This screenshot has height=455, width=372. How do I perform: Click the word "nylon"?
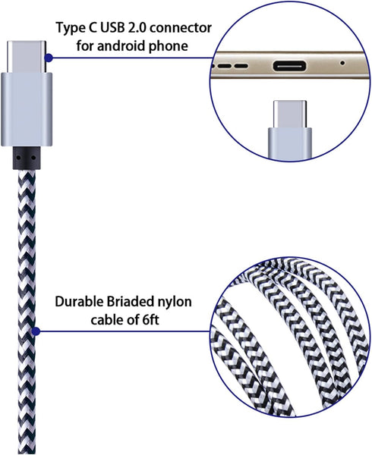pos(174,303)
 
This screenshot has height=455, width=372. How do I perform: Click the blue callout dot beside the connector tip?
pos(49,58)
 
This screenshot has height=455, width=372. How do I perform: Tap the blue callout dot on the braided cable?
pos(36,331)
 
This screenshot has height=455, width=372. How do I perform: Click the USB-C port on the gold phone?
pos(289,66)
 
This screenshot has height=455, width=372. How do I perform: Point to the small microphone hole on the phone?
pos(342,63)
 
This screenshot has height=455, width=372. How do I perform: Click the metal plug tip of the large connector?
pos(27,57)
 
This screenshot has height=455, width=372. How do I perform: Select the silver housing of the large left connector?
pos(27,109)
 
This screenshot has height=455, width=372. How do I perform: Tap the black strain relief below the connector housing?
pos(27,158)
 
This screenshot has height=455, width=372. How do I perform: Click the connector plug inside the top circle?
pos(290,130)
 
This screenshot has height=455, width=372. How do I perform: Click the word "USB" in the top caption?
pos(113,28)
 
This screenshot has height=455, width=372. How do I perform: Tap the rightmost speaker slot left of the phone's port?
pos(241,66)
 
